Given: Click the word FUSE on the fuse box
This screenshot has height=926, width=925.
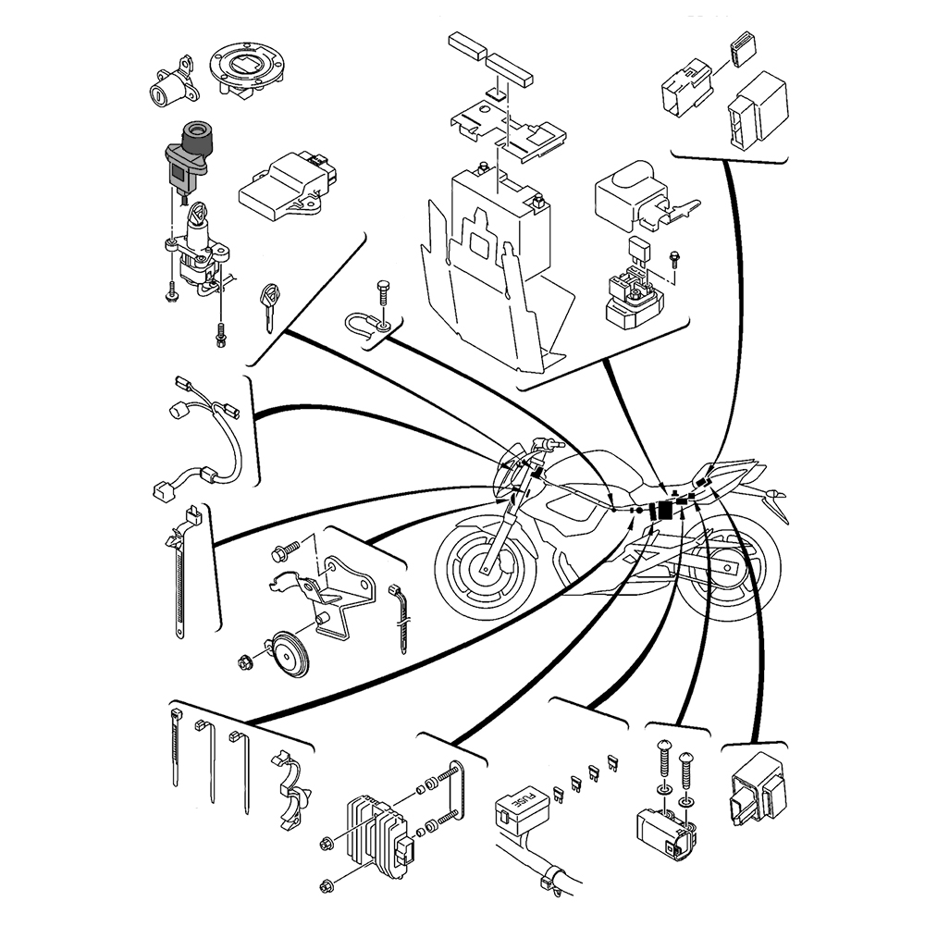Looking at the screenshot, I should tap(524, 801).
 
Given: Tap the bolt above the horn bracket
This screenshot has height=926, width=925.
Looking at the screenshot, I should tap(282, 554).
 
